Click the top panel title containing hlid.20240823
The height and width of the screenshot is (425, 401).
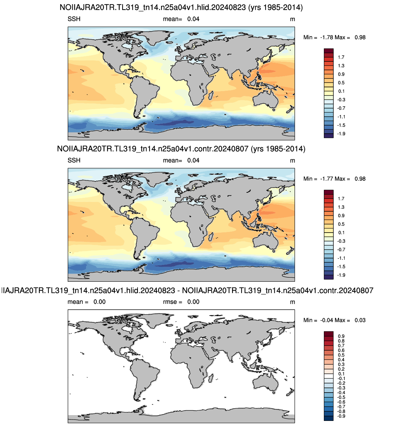[181, 8]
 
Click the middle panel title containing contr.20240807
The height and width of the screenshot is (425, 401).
[181, 149]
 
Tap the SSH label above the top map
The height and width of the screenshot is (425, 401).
[74, 19]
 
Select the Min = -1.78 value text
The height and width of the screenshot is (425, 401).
[318, 38]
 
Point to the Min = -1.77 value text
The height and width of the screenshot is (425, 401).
[318, 179]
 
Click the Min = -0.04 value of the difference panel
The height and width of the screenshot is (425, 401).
[318, 320]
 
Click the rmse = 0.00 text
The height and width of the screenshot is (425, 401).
[181, 302]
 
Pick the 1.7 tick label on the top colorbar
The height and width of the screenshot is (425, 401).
[341, 57]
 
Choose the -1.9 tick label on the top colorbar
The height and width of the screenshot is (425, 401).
[341, 134]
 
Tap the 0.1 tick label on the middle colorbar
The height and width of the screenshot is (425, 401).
[341, 233]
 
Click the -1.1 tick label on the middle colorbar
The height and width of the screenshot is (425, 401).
[341, 258]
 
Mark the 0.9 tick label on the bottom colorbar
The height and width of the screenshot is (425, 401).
[341, 336]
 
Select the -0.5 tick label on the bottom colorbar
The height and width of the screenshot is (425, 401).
[341, 397]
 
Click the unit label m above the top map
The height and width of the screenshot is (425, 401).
[292, 19]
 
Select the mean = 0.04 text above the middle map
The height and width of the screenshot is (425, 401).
[181, 160]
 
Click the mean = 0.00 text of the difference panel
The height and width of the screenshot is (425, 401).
[87, 302]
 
